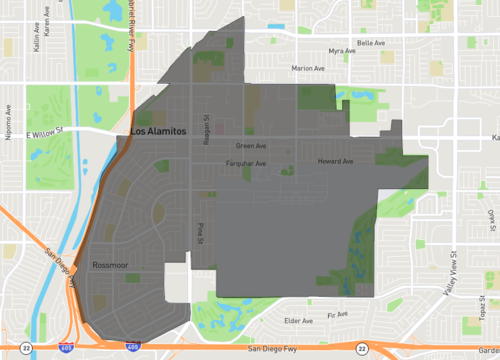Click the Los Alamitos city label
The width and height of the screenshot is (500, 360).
coord(151,141)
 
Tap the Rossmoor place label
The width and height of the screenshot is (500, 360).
coord(109,266)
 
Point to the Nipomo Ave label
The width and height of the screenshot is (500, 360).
coord(7,122)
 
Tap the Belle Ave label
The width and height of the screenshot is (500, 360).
coord(371,43)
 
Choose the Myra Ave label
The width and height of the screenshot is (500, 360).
coord(343,51)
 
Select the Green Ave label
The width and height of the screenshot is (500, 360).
coord(266,146)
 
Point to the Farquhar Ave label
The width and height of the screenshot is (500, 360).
coord(245,163)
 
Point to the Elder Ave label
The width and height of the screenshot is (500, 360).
coord(298,321)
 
